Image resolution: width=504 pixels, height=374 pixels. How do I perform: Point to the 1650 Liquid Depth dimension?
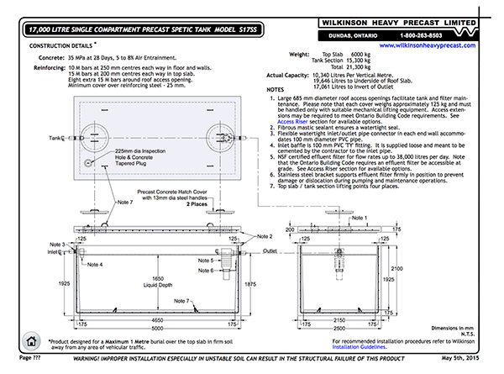(x=152, y=281)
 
